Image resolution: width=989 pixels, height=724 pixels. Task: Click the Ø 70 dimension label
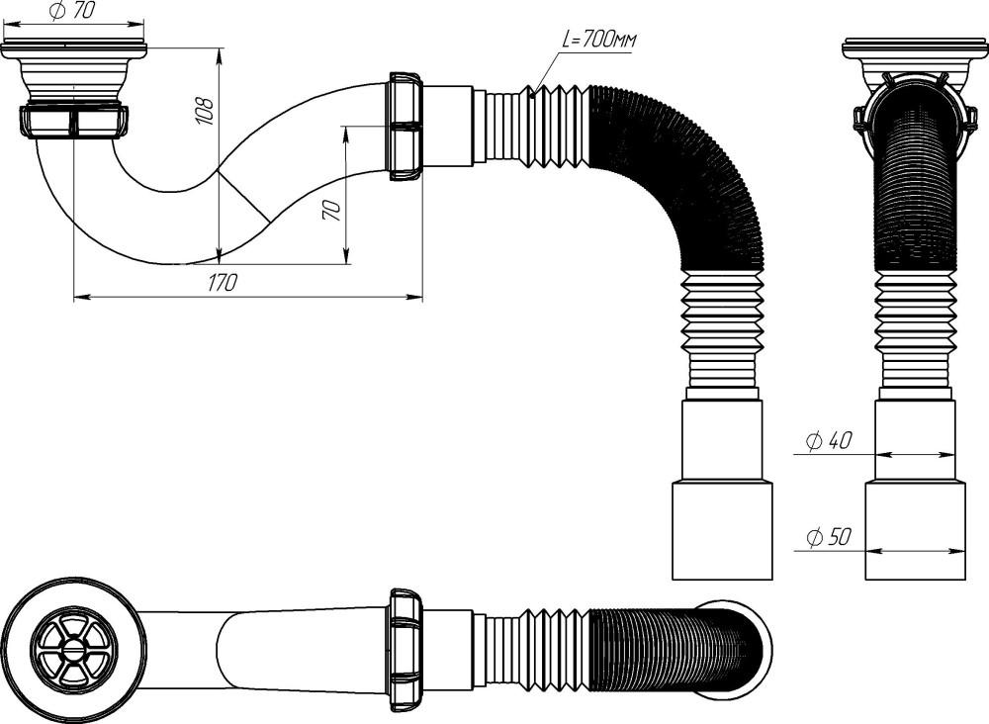(x=70, y=11)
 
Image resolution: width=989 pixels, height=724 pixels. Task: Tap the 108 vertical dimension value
(x=207, y=111)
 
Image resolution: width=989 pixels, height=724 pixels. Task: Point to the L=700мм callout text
(x=599, y=41)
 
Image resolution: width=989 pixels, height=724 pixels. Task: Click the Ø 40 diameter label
(x=829, y=440)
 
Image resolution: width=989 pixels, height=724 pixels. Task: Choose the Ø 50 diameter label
(x=829, y=537)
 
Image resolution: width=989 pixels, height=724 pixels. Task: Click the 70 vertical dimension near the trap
(x=332, y=210)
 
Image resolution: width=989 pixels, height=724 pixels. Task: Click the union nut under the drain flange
(x=73, y=121)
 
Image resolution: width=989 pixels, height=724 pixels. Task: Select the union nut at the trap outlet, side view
(x=405, y=127)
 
